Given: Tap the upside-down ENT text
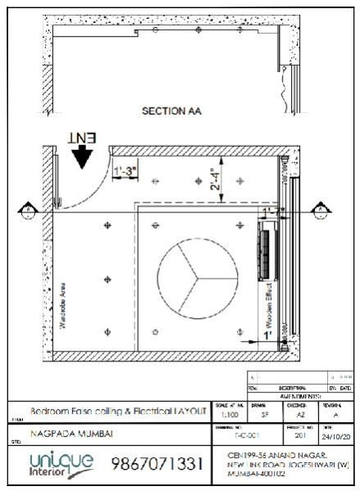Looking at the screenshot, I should coord(83,139).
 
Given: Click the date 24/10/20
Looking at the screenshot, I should coord(337,438).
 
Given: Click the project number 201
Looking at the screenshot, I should coord(299,438).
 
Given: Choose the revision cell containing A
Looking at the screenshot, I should coord(335,416).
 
